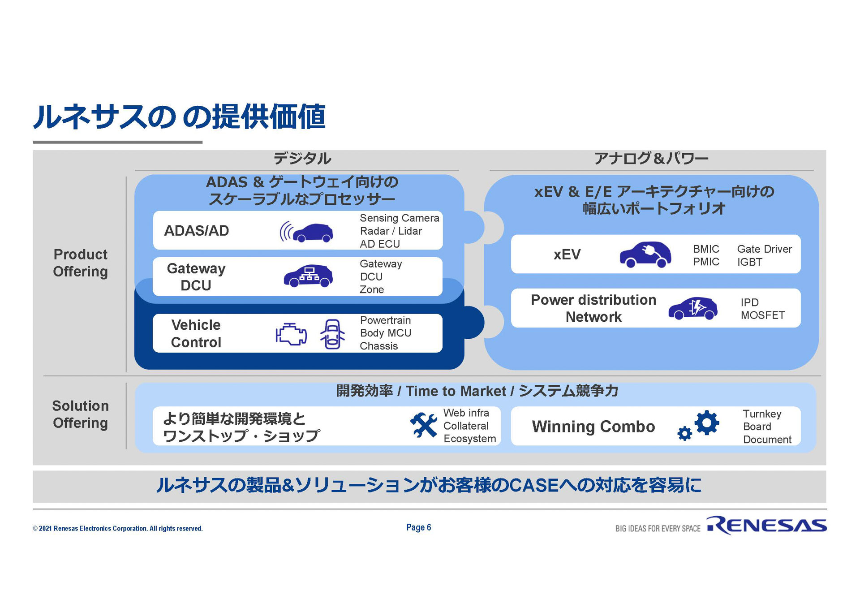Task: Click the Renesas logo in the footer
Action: [x=766, y=526]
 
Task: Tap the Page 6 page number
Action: [x=418, y=527]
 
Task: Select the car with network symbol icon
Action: [x=308, y=276]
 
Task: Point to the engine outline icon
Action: [x=291, y=334]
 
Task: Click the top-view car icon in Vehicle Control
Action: [x=332, y=334]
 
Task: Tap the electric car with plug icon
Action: [x=645, y=254]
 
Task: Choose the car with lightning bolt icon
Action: [x=693, y=308]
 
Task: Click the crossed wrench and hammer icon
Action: [x=423, y=425]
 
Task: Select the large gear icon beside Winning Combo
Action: [x=707, y=422]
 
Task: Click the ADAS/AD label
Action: [x=197, y=231]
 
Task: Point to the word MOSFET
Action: [x=762, y=315]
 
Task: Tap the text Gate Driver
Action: [x=764, y=249]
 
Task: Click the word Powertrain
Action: [x=385, y=320]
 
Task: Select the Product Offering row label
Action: [x=81, y=263]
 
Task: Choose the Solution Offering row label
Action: [x=81, y=414]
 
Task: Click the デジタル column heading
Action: [x=302, y=158]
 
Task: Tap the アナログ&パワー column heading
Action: [x=651, y=158]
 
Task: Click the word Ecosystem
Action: [x=469, y=439]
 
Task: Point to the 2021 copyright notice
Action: [x=118, y=529]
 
